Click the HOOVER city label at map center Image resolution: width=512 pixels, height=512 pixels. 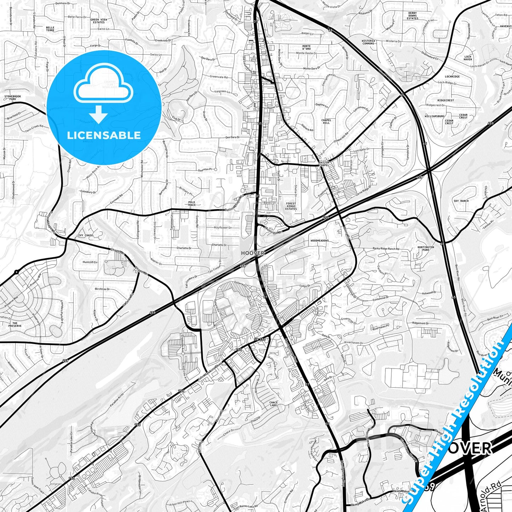pos(252,253)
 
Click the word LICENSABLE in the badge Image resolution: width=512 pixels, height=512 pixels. pos(104,135)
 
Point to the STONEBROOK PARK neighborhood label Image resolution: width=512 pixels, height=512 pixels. pos(13,97)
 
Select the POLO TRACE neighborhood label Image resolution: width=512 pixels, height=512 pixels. pos(191,203)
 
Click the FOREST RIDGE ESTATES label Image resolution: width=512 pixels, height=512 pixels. pos(291,206)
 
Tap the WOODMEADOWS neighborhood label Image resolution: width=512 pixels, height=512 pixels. pos(320,241)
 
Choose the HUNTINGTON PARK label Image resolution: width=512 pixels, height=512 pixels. pos(426,248)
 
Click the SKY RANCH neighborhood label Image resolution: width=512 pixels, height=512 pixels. pos(461,201)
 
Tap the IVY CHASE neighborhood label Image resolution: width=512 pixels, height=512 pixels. pos(85,235)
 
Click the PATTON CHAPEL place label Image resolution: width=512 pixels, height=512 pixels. pos(324,164)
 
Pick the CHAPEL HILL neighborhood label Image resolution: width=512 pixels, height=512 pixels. pos(326,122)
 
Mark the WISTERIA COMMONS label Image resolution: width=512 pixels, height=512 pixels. pos(368,42)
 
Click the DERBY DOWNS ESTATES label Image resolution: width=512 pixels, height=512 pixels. pos(412,16)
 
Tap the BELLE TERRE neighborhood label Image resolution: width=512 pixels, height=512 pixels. pos(50,29)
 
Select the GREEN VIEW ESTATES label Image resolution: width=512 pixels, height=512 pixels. pos(97,21)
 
